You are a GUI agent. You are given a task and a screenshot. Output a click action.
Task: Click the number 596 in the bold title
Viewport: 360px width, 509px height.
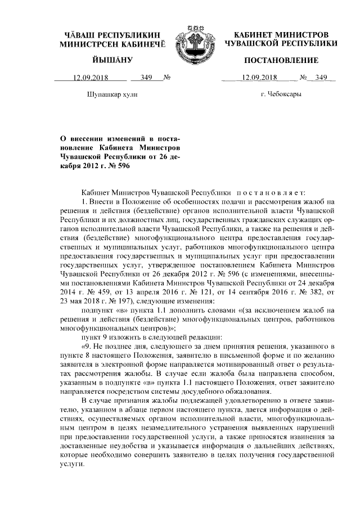[113, 166]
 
